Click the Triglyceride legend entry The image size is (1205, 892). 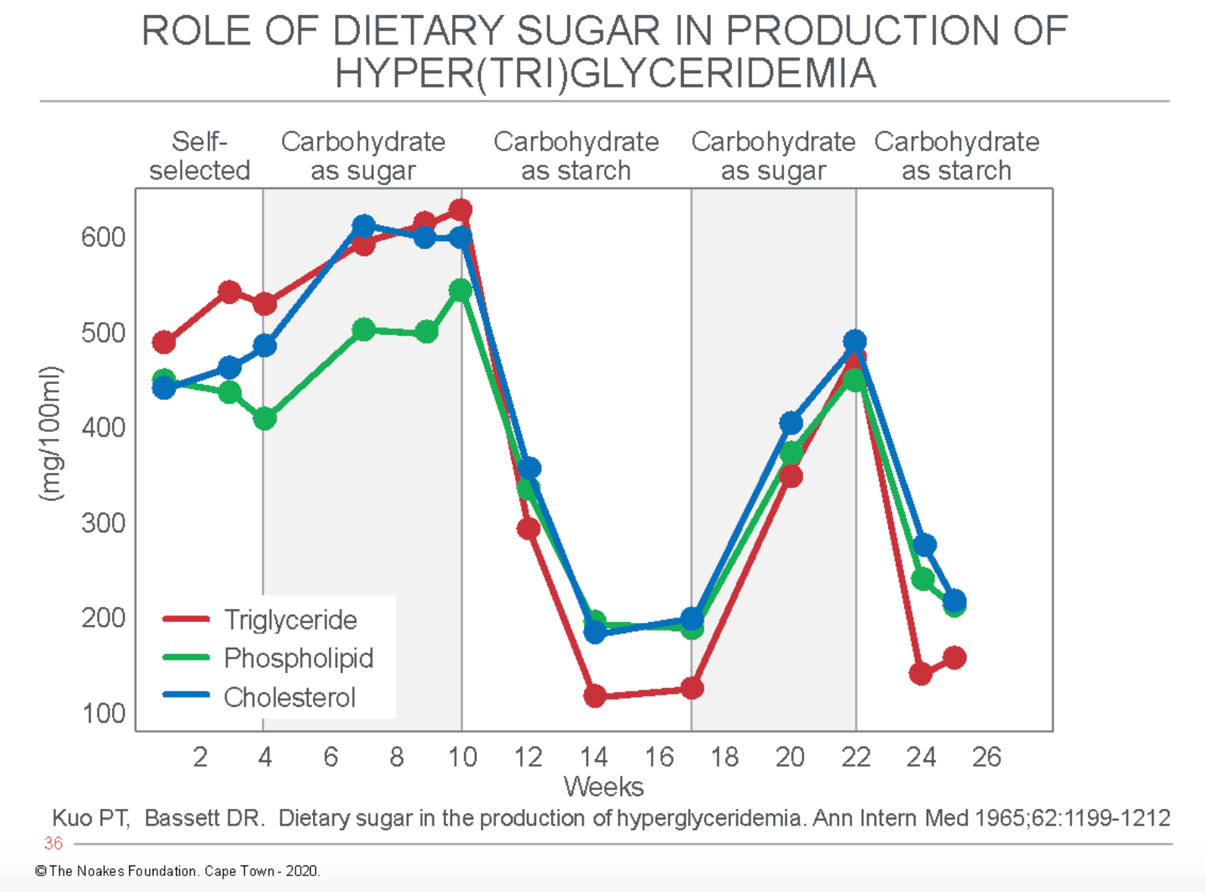click(290, 620)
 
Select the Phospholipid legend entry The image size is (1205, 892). click(299, 658)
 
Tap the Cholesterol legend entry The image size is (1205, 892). click(290, 697)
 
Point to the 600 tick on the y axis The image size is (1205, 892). click(103, 237)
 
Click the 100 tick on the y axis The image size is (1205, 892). click(103, 713)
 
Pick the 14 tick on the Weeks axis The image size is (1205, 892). click(593, 757)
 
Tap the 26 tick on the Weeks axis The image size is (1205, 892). click(987, 757)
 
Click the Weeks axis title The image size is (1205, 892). click(603, 787)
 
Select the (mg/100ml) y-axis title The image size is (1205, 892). click(51, 433)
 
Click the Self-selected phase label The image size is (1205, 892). click(200, 156)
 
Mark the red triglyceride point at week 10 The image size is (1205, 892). click(460, 210)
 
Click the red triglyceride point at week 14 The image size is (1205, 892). click(595, 695)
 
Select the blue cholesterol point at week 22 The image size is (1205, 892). click(855, 341)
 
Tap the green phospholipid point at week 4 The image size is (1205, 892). click(265, 418)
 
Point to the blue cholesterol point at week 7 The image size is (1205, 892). click(364, 226)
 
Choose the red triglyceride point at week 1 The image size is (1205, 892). click(164, 342)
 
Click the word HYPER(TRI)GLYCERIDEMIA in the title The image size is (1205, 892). click(605, 74)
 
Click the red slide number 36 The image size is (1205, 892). click(53, 844)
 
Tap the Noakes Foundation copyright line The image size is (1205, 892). click(178, 871)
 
